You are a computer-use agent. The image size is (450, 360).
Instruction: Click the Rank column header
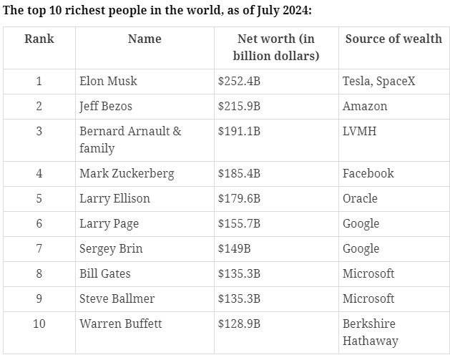(39, 39)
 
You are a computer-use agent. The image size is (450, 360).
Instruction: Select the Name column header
(145, 39)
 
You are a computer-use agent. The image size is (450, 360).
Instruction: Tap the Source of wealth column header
(393, 39)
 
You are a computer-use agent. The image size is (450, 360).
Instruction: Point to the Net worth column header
(276, 47)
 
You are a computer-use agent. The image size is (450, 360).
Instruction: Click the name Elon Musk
(108, 81)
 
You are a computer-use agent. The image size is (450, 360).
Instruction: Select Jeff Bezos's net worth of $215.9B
(239, 106)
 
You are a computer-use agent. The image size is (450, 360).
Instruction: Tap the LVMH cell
(358, 131)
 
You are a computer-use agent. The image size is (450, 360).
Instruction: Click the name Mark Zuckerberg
(127, 173)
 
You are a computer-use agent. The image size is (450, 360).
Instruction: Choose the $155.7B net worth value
(239, 223)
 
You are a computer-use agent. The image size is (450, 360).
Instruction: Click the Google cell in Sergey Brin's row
(361, 248)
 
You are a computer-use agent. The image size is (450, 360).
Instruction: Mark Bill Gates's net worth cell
(239, 273)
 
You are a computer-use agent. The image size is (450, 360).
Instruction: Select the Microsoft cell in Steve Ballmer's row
(369, 298)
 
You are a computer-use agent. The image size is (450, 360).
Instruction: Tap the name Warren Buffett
(121, 323)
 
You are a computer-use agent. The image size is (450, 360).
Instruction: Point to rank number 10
(39, 323)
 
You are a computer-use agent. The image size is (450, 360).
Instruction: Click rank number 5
(39, 198)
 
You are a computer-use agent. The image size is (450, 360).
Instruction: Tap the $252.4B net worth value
(239, 81)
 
